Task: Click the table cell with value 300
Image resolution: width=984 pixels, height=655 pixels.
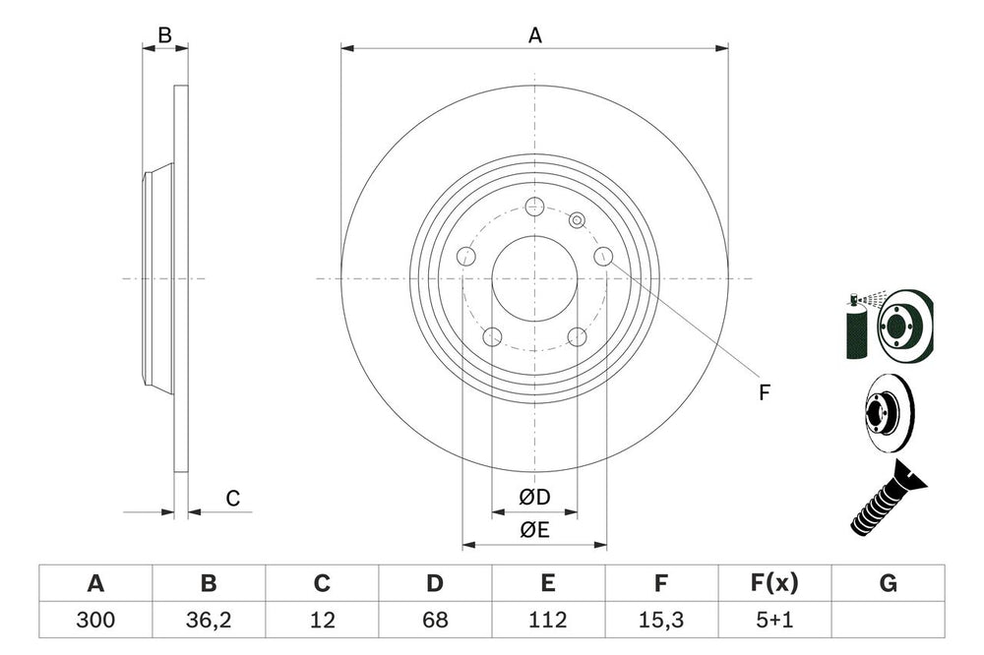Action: tap(95, 621)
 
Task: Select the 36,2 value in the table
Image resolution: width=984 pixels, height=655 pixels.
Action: tap(209, 621)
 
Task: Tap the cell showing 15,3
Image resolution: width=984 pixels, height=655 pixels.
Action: tap(661, 621)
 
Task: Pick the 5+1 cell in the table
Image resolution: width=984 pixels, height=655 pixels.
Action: tap(773, 621)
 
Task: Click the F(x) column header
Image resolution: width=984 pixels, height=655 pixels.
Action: tap(773, 583)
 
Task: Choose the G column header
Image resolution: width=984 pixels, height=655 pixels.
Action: tap(888, 583)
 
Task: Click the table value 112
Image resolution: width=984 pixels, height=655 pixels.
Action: tap(548, 621)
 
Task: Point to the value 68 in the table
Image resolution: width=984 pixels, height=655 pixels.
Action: tap(435, 621)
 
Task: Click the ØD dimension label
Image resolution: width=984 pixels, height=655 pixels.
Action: tap(535, 498)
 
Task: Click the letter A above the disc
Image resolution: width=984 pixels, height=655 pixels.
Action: tap(535, 35)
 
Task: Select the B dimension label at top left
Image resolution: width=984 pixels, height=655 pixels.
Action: tap(165, 35)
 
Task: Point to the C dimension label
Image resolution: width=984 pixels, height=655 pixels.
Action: tap(232, 499)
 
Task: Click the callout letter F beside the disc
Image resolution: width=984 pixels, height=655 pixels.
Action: tap(764, 392)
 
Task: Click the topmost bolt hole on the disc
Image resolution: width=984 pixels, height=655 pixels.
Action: tap(534, 207)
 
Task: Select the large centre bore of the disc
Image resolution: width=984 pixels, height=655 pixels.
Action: tap(534, 278)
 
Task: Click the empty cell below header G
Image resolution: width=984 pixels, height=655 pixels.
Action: tap(888, 621)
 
